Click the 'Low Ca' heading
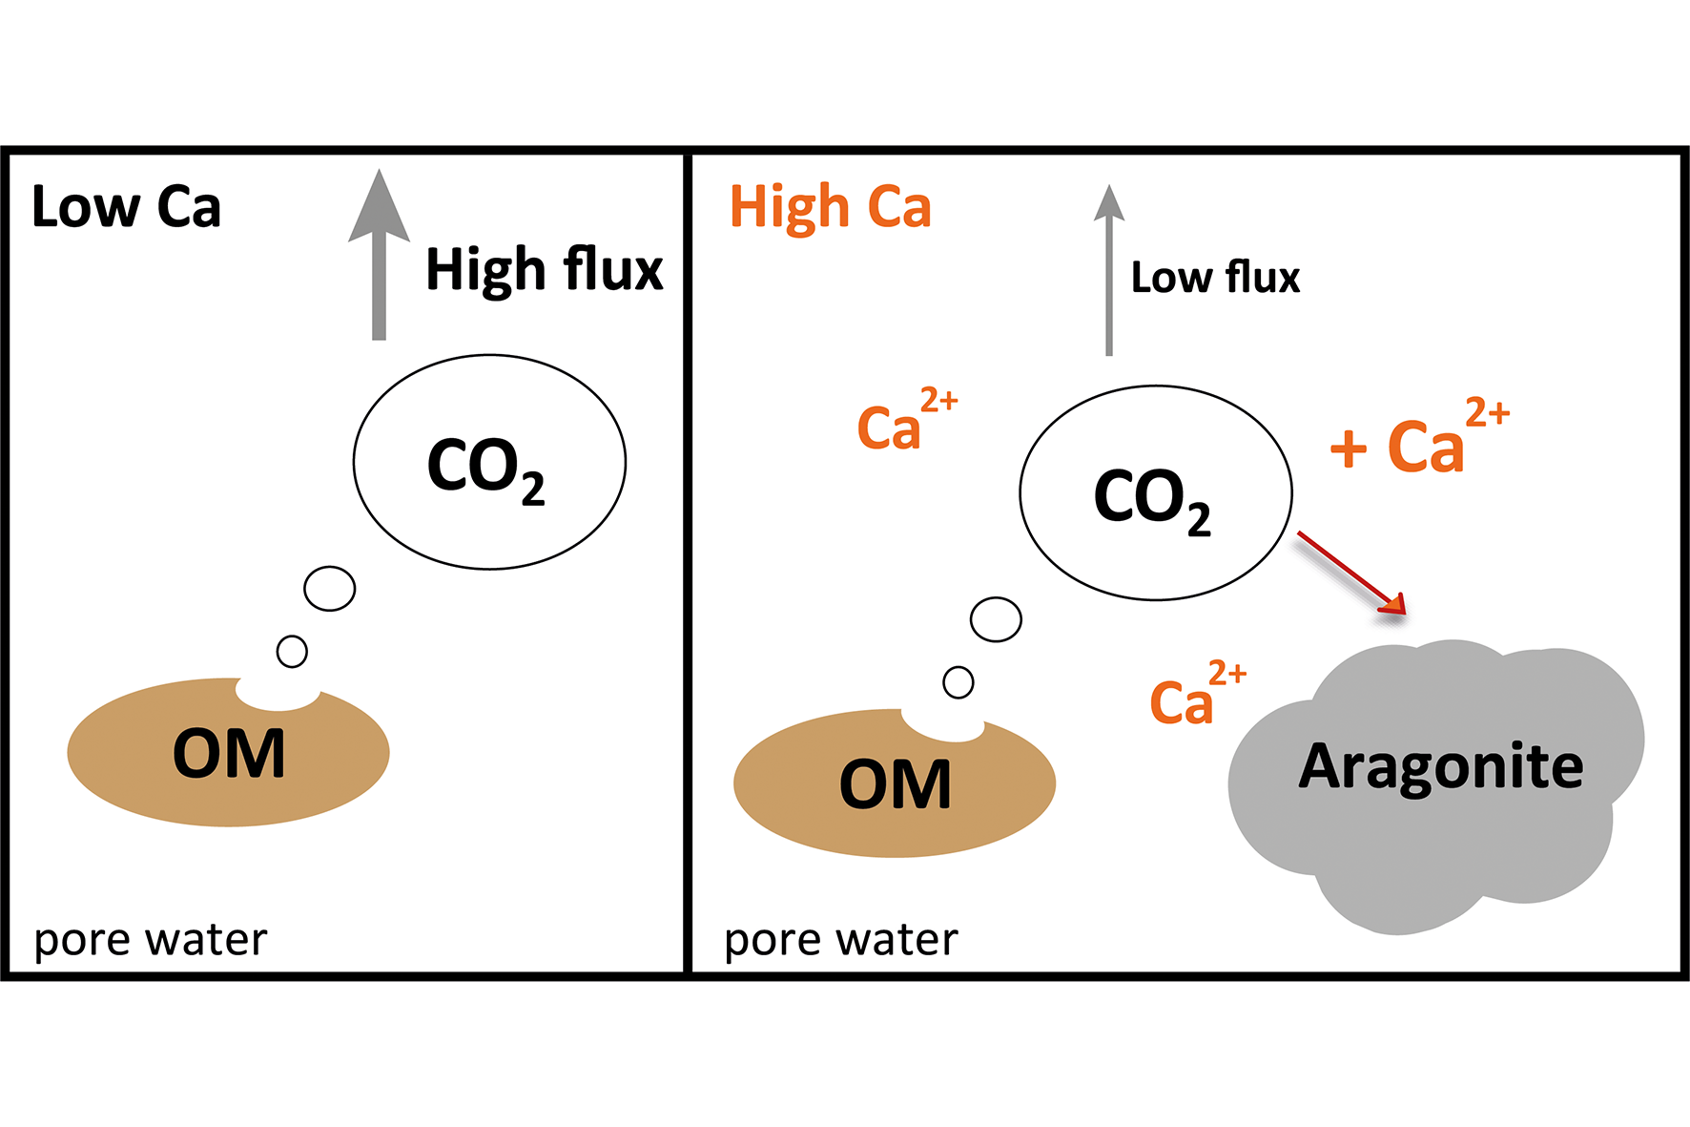click(x=126, y=207)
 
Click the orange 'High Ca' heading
click(x=830, y=207)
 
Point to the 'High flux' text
click(x=544, y=269)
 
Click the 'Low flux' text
click(x=1215, y=278)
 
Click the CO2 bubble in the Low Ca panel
click(x=489, y=463)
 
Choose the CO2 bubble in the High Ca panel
click(x=1155, y=493)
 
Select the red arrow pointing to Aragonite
click(x=1350, y=573)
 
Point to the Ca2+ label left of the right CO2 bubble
click(x=906, y=421)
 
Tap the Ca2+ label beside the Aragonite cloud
click(x=1197, y=696)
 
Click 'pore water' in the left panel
click(x=150, y=940)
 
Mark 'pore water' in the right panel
click(x=840, y=940)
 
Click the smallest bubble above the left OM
click(x=292, y=652)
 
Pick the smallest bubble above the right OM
click(x=958, y=682)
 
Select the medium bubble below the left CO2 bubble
click(x=330, y=589)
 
